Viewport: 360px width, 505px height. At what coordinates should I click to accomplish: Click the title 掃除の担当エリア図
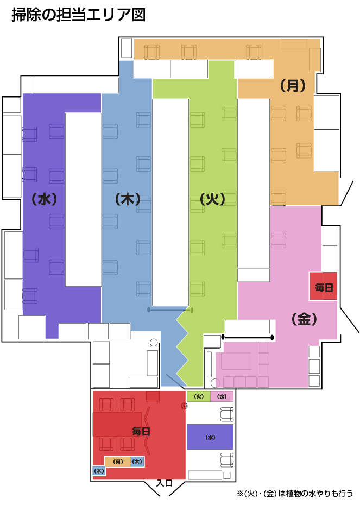pos(79,15)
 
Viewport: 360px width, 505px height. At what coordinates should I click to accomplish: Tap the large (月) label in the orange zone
pos(293,86)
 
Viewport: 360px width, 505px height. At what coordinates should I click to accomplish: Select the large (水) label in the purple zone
pos(45,199)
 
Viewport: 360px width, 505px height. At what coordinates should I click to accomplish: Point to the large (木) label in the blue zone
pos(128,199)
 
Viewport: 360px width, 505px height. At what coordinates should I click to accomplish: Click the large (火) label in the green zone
pos(212,199)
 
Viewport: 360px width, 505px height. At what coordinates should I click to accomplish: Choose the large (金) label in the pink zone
pos(304,319)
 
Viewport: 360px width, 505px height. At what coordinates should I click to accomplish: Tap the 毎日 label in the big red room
pos(141,431)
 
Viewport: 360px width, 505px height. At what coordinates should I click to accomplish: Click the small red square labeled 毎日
pos(323,286)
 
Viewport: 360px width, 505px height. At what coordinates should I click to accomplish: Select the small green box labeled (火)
pos(199,396)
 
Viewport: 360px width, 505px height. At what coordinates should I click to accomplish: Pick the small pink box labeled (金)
pos(222,396)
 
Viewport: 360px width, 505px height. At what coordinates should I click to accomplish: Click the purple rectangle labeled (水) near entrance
pos(210,437)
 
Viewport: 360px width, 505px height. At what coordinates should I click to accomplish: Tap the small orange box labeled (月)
pos(118,462)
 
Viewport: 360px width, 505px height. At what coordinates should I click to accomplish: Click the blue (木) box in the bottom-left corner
pos(99,471)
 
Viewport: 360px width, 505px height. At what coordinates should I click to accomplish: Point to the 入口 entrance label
pos(164,483)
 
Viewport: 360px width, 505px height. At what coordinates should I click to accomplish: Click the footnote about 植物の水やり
pos(295,494)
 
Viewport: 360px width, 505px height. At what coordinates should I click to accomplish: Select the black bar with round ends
pos(247,338)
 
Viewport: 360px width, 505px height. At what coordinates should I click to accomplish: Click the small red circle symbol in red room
pos(184,406)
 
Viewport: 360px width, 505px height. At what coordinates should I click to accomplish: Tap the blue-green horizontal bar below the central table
pos(170,310)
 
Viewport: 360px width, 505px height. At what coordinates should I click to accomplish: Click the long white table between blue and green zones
pos(170,202)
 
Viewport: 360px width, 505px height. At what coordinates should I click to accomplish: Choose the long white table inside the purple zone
pos(84,200)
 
